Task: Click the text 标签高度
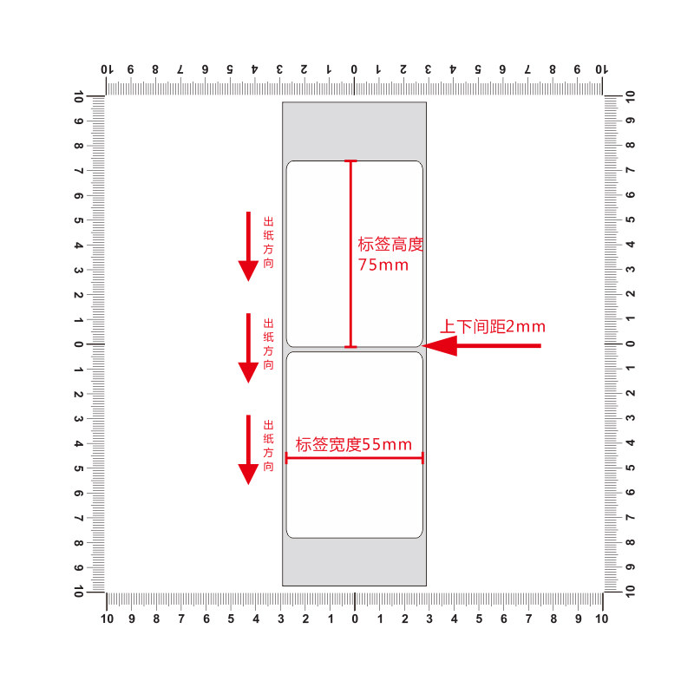pos(390,245)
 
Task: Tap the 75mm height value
pos(383,265)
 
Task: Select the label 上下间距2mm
pos(492,327)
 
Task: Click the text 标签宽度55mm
pos(354,445)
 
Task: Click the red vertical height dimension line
pos(350,260)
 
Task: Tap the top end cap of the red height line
pos(350,160)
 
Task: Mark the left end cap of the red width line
pos(286,457)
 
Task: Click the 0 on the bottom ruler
pos(355,619)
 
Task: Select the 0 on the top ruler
pos(354,69)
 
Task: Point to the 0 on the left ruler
pos(78,344)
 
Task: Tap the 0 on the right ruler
pos(631,344)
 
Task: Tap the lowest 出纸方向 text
pos(268,446)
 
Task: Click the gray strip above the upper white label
pos(354,130)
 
